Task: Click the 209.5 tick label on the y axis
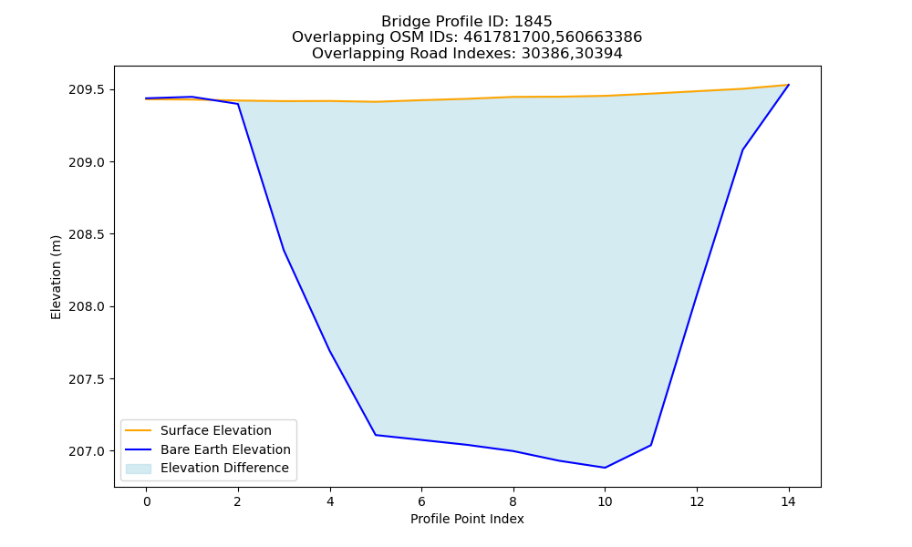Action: click(x=87, y=90)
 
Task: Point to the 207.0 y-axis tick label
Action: click(x=87, y=451)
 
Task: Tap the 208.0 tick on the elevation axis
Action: click(x=87, y=307)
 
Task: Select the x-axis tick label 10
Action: click(x=605, y=501)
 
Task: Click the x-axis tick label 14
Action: click(x=788, y=501)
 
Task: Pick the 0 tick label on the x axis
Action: click(x=147, y=501)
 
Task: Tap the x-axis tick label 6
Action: click(x=421, y=501)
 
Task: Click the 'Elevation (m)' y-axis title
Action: click(x=56, y=277)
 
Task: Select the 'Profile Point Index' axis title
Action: click(x=467, y=519)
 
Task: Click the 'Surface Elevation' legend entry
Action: click(x=216, y=430)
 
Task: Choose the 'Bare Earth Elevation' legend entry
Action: click(x=225, y=449)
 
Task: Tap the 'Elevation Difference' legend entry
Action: click(x=224, y=468)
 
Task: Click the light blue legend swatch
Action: click(x=139, y=469)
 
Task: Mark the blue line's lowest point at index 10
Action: click(x=605, y=468)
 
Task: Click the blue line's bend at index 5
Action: click(x=376, y=435)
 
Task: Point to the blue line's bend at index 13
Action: click(x=742, y=150)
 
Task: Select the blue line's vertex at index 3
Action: click(x=284, y=250)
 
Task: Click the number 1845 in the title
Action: click(x=533, y=22)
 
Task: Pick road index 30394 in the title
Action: click(x=599, y=54)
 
